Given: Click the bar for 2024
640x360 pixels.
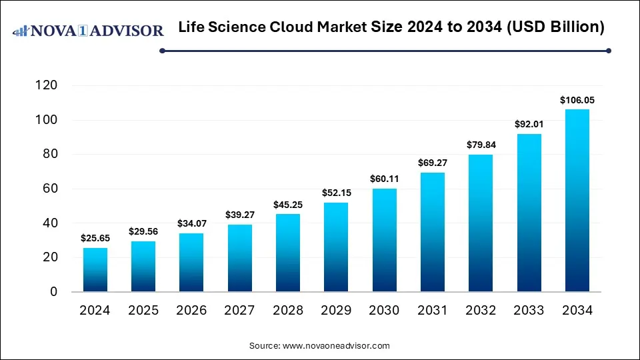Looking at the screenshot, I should point(95,269).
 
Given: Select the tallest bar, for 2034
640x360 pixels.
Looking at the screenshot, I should point(577,200).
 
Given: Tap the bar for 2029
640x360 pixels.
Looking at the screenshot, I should point(336,247).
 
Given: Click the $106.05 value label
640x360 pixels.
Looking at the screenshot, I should point(577,100).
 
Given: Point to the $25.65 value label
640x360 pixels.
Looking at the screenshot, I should point(95,238).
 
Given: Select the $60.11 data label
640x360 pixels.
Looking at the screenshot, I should point(385,179).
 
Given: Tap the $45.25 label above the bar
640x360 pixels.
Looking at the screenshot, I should point(288,204).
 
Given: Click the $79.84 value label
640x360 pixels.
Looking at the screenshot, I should point(481,145).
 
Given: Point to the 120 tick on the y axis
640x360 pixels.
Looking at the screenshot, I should point(46,85).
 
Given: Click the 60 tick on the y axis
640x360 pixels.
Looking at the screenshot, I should point(50,189).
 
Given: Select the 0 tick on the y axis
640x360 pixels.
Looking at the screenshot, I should point(53,292).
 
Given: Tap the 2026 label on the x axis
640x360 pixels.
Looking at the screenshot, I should point(192,311).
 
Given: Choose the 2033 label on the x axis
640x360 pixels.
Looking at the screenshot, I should point(529,311).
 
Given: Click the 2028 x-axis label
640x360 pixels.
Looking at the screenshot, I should point(288,311).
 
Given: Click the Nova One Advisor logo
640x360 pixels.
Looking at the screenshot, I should point(89,31).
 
